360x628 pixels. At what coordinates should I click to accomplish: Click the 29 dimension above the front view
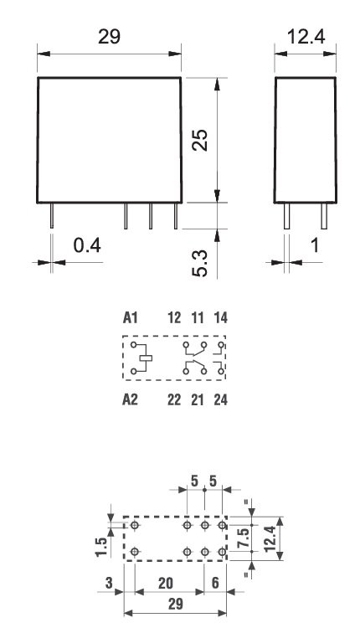click(x=110, y=37)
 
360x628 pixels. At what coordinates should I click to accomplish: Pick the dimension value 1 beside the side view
click(x=314, y=245)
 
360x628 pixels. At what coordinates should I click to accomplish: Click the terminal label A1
click(x=130, y=318)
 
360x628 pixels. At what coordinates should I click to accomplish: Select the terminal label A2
click(x=130, y=400)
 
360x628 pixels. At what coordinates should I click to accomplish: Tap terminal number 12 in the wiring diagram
click(x=175, y=318)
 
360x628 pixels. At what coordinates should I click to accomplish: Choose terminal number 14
click(x=220, y=318)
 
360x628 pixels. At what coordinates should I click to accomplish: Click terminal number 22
click(x=175, y=400)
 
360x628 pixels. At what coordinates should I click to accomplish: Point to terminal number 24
click(x=220, y=400)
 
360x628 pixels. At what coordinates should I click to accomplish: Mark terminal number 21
click(x=198, y=400)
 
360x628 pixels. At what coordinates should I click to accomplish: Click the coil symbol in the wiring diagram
click(x=144, y=359)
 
